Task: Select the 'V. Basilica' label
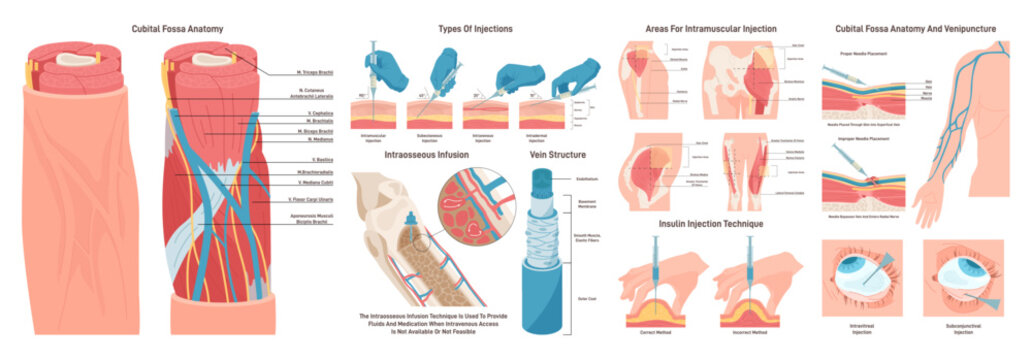(x=297, y=161)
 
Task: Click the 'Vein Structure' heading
(x=557, y=155)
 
